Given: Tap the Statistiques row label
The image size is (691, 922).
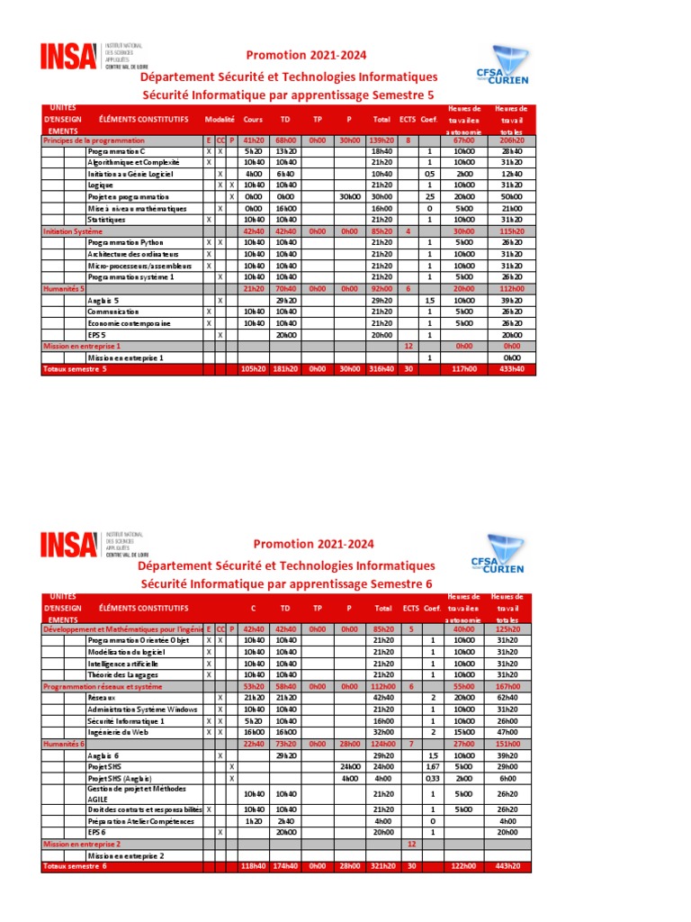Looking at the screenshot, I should click(106, 219).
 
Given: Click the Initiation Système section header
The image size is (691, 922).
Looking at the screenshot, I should click(73, 230).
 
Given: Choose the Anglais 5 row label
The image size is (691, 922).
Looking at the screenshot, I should click(103, 300).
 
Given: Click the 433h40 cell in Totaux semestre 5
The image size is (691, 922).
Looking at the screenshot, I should click(511, 368).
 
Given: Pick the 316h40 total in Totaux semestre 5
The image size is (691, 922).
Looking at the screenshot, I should click(382, 368).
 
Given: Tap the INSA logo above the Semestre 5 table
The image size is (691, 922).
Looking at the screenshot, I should click(68, 57).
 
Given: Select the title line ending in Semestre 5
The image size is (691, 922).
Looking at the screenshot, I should click(289, 95).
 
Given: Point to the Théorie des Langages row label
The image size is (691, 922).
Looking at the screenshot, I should click(123, 674).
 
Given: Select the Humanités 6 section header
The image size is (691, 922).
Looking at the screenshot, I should click(64, 744).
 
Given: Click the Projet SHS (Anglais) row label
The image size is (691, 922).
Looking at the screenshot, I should click(120, 778).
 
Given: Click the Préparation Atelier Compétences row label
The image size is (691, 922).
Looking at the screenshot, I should click(140, 821).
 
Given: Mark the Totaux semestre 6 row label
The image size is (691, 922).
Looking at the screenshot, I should click(75, 866).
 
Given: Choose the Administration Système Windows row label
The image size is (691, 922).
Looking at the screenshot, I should click(141, 710).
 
